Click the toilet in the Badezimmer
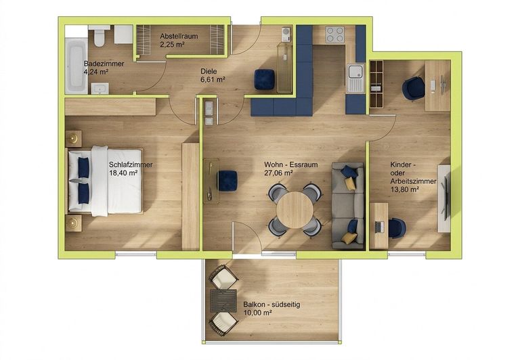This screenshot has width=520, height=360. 100,36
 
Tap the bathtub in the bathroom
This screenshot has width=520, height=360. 77,66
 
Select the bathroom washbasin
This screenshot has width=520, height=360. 100,89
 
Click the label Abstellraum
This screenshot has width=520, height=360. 179,36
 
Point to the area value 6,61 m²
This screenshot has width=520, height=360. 213,80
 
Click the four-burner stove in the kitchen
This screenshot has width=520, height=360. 334,35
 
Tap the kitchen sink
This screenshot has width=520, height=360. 355,79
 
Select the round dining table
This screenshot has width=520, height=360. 295,210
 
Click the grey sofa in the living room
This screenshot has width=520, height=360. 348,206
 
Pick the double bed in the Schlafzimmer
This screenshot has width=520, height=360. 106,181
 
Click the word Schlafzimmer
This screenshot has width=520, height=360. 131,164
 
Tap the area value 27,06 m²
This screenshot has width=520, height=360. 278,173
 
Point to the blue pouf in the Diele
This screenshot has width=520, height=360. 265,79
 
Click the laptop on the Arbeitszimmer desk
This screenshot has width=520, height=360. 380,227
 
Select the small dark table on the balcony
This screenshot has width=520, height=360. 223,301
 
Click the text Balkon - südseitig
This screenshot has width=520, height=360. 272,305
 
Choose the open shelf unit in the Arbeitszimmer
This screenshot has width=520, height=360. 376,84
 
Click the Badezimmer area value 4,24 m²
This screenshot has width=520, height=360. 96,72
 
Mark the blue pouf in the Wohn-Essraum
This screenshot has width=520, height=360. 227,181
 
